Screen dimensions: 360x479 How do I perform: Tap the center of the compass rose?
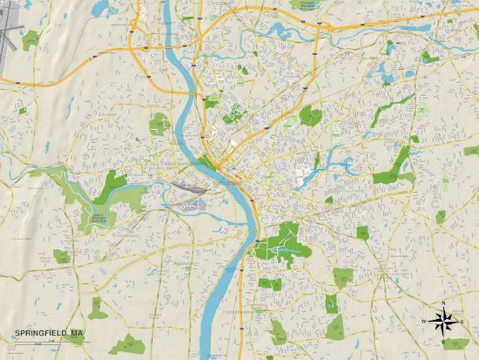coord(444,320)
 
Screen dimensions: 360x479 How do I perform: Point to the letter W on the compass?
coord(425,321)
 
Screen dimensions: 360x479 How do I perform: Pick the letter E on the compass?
coord(463,321)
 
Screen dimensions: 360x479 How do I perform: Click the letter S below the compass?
coord(444,338)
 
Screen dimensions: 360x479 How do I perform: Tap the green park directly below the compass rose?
coord(454,343)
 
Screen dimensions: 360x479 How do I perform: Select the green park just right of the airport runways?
coord(31,38)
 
